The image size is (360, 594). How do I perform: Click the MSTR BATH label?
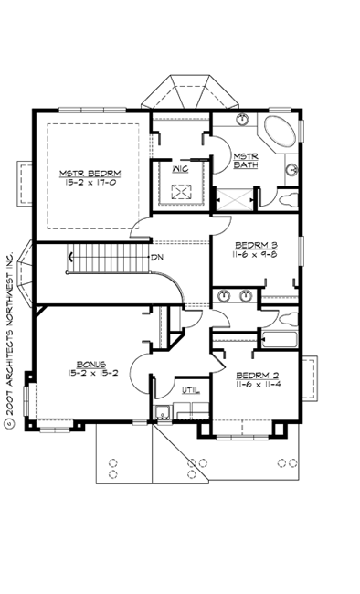pos(245,161)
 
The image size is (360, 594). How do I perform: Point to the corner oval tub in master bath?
pos(280,133)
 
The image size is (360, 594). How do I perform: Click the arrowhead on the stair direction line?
pos(69,259)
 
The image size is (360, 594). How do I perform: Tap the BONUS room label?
pos(88,364)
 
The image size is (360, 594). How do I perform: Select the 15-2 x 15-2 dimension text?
pos(88,373)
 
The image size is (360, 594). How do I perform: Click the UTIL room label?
pos(189,390)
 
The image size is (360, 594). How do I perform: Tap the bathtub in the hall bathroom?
pos(278,339)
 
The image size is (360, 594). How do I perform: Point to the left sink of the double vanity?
pos(224,296)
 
